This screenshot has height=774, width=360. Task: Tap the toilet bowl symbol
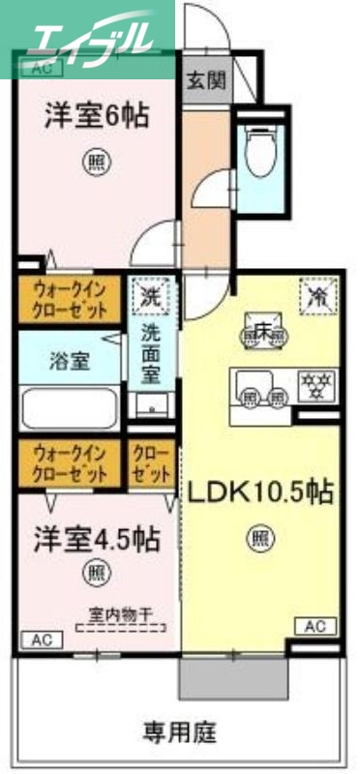(x=258, y=153)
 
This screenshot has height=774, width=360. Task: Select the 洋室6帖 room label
(x=95, y=117)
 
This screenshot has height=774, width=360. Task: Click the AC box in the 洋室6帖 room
(x=42, y=68)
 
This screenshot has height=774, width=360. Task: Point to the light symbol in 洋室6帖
(x=95, y=159)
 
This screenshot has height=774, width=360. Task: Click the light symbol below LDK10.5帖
(x=259, y=533)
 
